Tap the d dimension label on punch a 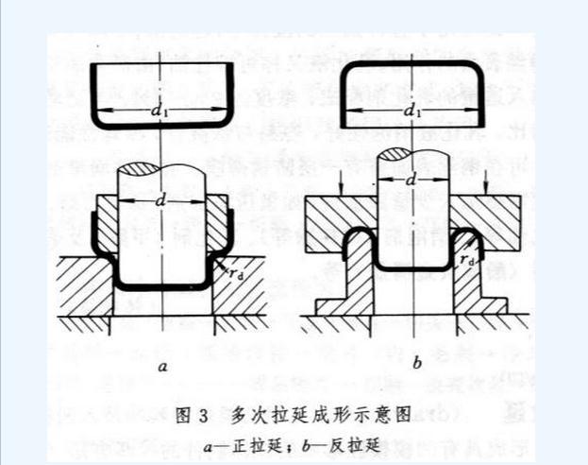pos(162,201)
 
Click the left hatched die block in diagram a pos(81,288)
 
